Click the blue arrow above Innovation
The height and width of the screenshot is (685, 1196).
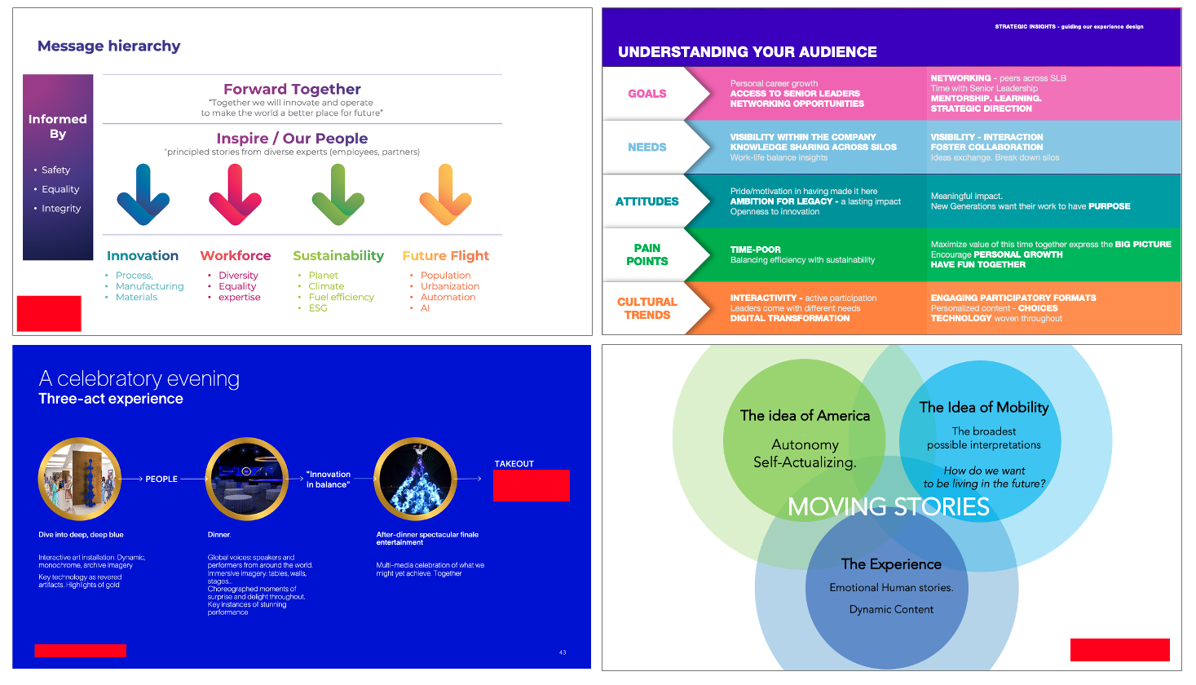click(x=143, y=194)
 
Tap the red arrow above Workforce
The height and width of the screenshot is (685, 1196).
click(x=235, y=194)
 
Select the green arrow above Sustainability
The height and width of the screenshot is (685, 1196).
click(x=338, y=194)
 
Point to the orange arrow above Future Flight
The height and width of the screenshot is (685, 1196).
click(x=445, y=194)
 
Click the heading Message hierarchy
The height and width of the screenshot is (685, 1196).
click(x=109, y=46)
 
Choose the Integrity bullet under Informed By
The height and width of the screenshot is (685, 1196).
click(x=61, y=209)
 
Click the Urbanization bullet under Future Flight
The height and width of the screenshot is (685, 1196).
click(x=449, y=286)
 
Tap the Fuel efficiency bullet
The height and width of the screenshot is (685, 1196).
click(x=341, y=297)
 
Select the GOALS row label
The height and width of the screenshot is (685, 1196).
click(x=647, y=94)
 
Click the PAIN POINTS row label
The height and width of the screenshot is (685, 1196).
click(x=647, y=254)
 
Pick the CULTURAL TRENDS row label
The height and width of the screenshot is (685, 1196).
click(x=647, y=308)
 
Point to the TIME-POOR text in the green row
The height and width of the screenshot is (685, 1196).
click(x=755, y=250)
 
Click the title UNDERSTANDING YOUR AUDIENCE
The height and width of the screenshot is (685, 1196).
click(x=747, y=52)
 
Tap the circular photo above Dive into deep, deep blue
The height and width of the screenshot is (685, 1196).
click(x=80, y=479)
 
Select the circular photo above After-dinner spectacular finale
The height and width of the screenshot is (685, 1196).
click(x=415, y=479)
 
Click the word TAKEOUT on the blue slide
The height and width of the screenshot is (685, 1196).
click(x=514, y=463)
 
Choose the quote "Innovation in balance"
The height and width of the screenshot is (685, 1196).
click(x=328, y=479)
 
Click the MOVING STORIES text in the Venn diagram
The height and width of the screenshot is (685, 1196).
click(x=888, y=507)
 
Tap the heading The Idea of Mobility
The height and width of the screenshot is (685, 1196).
click(x=983, y=407)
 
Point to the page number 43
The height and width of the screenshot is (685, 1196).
click(x=563, y=652)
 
